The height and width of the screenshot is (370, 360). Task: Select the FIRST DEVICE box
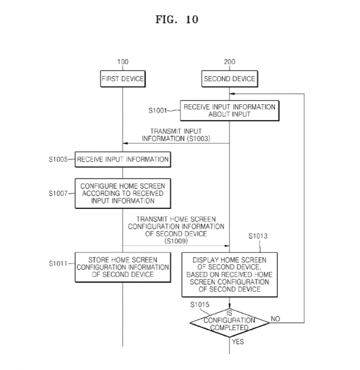point(123,79)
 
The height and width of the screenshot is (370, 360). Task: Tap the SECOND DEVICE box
point(229,79)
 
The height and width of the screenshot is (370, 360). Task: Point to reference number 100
point(123,61)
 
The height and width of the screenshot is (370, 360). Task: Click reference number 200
point(229,61)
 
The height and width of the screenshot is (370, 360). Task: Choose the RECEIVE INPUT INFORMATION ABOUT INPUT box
point(229,111)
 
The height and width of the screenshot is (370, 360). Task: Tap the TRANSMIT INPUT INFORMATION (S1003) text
point(176,135)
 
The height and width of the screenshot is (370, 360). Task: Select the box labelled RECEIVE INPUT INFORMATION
point(123,159)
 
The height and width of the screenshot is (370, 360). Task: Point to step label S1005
point(59,160)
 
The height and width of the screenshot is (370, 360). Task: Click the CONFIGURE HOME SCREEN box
point(123,193)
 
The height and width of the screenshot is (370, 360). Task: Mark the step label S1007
point(59,193)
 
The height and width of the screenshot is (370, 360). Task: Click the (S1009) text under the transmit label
point(176,240)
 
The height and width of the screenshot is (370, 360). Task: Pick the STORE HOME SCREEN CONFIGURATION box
point(123,267)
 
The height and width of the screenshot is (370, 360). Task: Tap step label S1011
point(59,263)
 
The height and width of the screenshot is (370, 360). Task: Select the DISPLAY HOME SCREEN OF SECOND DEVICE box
point(229,274)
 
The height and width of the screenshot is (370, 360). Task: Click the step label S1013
point(259,237)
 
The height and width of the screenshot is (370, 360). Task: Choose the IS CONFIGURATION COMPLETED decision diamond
point(229,320)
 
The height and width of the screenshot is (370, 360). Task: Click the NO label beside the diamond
point(275,319)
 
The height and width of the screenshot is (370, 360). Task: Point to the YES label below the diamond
point(238,341)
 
